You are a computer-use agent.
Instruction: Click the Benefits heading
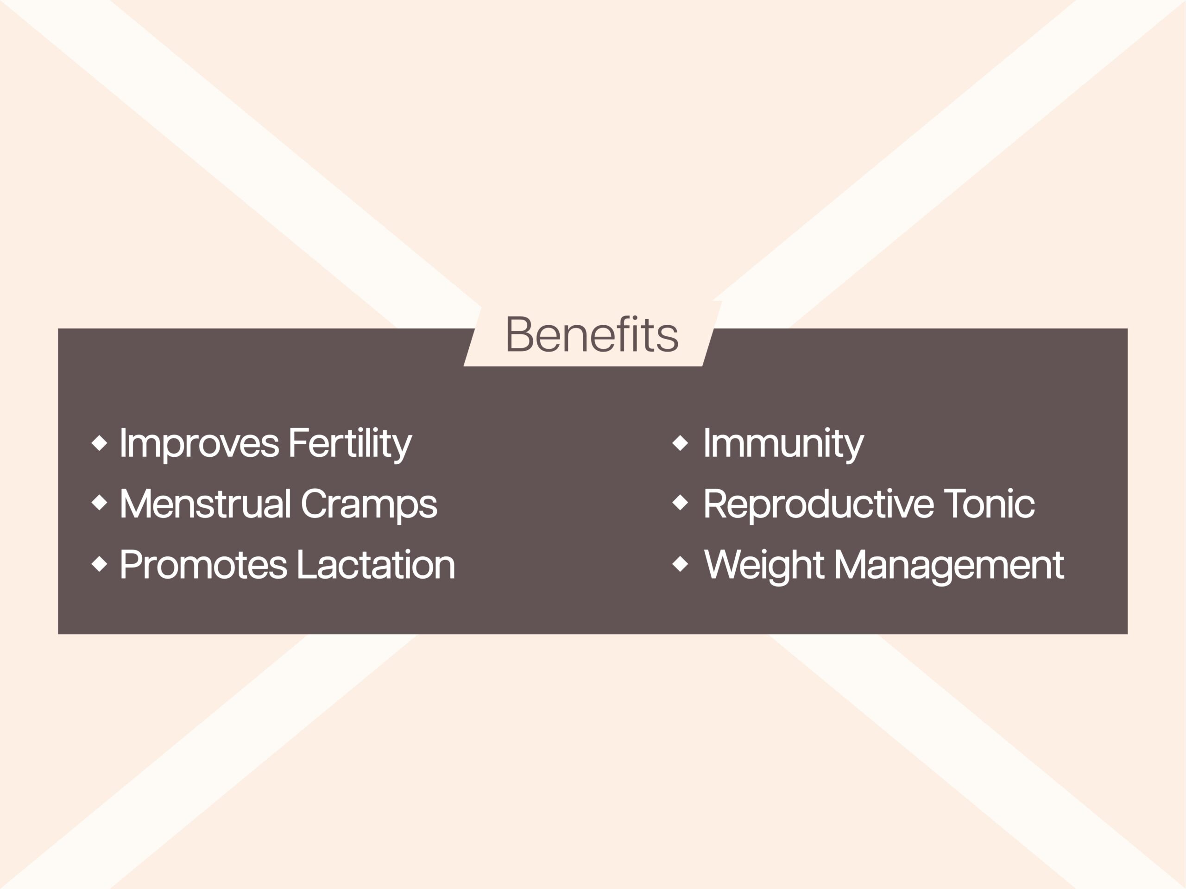pyautogui.click(x=592, y=334)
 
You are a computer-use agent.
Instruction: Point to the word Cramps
pyautogui.click(x=369, y=505)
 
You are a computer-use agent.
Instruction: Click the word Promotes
pyautogui.click(x=204, y=564)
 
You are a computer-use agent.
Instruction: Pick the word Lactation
pyautogui.click(x=376, y=564)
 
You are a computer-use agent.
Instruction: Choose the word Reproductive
pyautogui.click(x=819, y=505)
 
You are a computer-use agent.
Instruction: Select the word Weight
pyautogui.click(x=763, y=567)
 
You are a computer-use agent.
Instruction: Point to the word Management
pyautogui.click(x=949, y=567)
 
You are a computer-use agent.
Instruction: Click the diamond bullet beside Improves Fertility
pyautogui.click(x=99, y=443)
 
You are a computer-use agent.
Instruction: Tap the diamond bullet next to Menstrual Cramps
pyautogui.click(x=99, y=503)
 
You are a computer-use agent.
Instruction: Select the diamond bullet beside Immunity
pyautogui.click(x=680, y=443)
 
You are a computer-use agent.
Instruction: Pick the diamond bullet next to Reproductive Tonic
pyautogui.click(x=680, y=503)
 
